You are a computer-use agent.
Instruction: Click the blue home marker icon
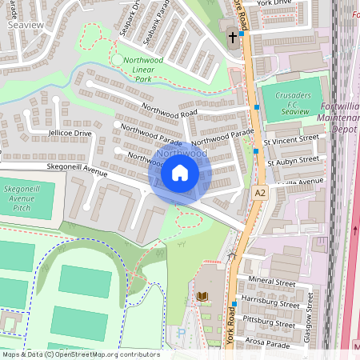point(180,172)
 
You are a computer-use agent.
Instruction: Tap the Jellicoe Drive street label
point(58,133)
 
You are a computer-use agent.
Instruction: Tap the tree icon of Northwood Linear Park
point(118,60)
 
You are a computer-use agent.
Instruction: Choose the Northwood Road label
point(168,114)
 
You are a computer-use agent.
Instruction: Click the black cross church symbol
point(234,38)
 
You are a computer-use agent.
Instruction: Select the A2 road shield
point(260,193)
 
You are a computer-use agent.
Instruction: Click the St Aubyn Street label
point(294,159)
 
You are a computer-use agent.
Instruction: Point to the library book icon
point(202,297)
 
